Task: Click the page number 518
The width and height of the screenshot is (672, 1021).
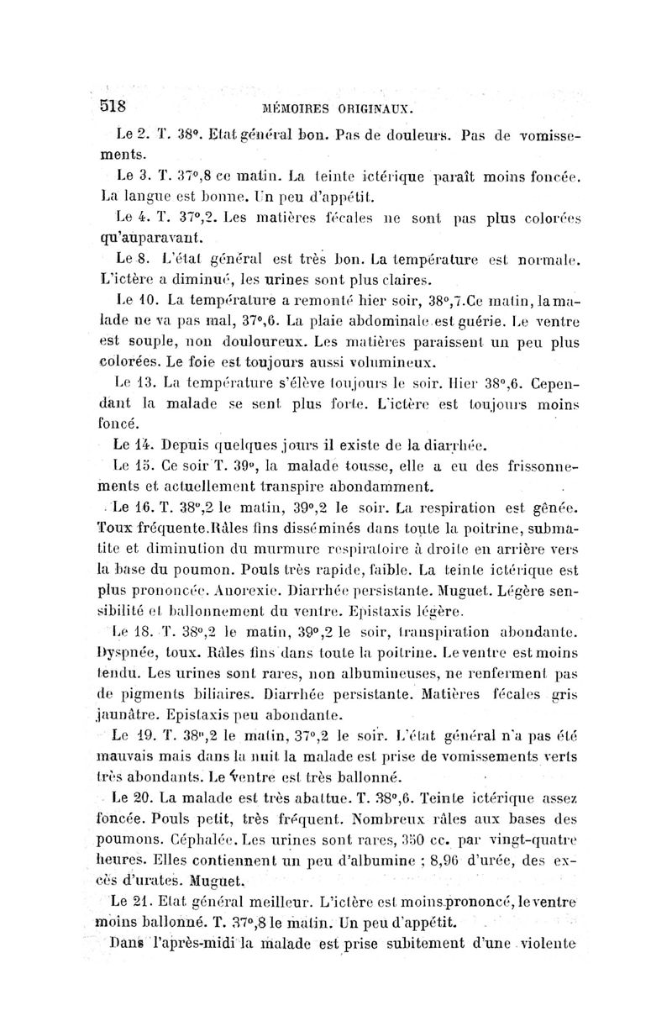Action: (x=113, y=106)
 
